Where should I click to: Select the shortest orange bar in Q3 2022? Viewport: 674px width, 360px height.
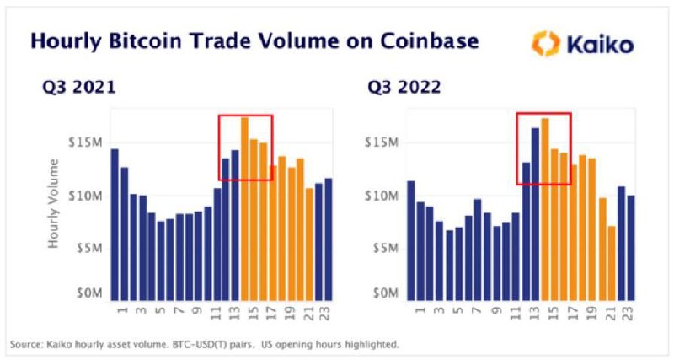[612, 264]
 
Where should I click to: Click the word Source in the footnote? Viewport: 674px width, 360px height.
[25, 345]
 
